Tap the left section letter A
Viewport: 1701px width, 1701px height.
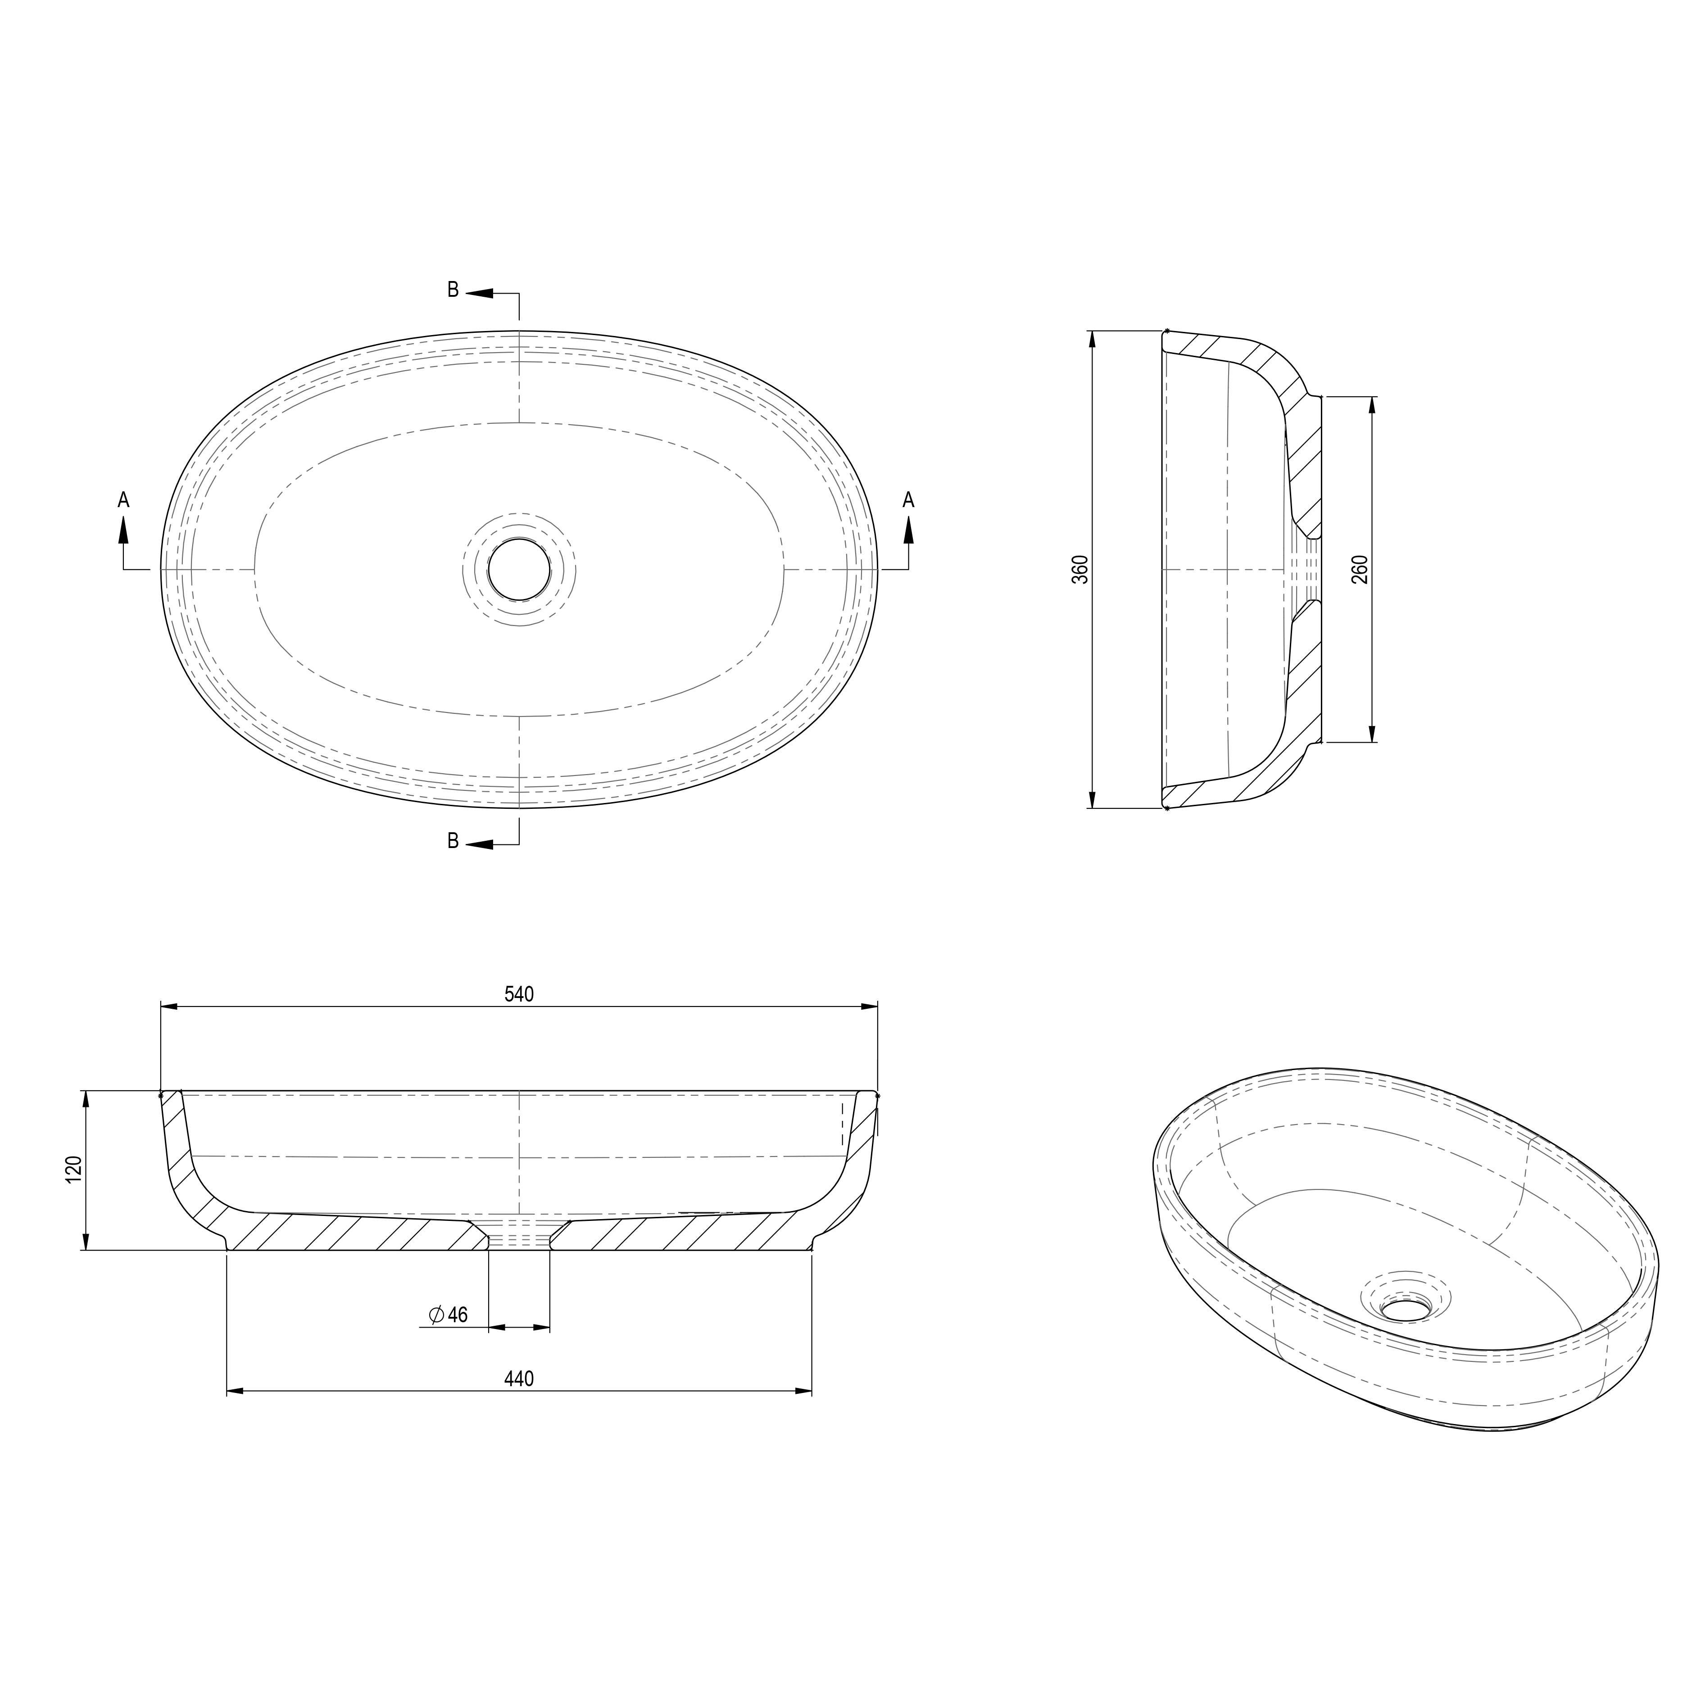coord(123,500)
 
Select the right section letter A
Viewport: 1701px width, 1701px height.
coord(909,500)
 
